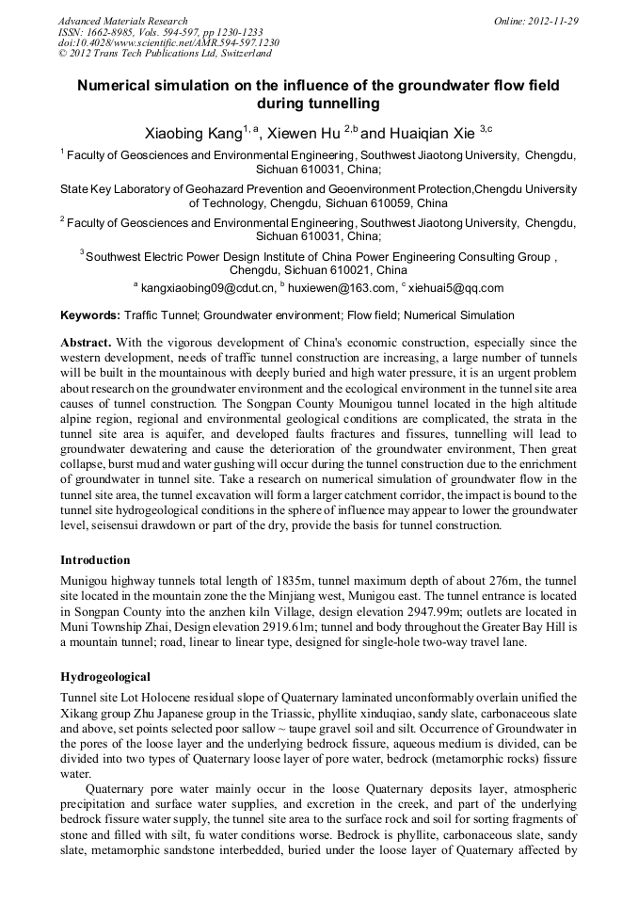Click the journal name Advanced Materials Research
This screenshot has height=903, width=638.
pos(122,21)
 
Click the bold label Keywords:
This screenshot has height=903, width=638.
pos(90,315)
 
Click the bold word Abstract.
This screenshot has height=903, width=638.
pos(87,343)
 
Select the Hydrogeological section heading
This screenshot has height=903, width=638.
pos(105,676)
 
